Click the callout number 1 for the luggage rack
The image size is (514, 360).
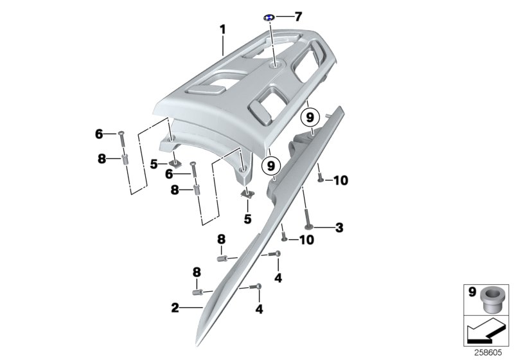222,29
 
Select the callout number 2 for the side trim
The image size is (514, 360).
175,308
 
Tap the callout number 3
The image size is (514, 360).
340,227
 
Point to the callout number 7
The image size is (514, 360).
297,16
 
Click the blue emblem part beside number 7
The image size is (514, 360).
270,17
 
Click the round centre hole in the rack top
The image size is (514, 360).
277,64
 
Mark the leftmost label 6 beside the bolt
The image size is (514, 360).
99,134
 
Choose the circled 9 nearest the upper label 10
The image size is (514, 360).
310,118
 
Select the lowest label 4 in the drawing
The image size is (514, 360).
260,308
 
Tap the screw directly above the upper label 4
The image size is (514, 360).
278,254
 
